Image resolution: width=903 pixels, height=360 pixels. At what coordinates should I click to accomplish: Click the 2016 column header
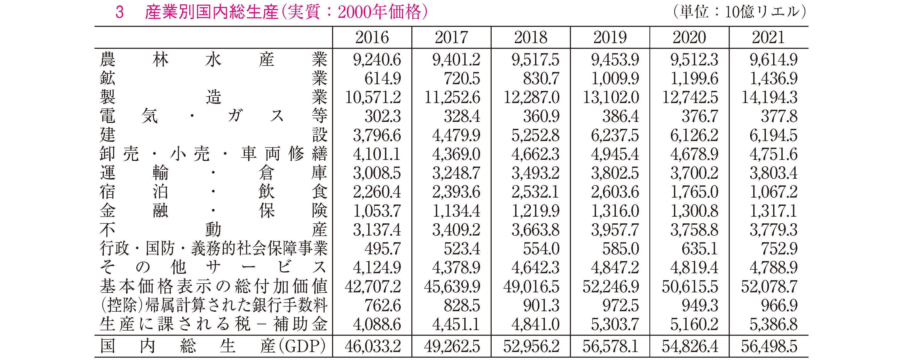372,37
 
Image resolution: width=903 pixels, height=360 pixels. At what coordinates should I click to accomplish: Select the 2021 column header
768,37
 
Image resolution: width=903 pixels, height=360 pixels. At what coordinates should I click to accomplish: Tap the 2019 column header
610,37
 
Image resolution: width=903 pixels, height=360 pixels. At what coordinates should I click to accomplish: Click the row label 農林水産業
214,59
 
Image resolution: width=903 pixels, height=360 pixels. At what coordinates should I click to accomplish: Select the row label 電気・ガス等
214,116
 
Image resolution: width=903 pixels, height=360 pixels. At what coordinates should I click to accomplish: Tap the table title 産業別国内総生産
211,13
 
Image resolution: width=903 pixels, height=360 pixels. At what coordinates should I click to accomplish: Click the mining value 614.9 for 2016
382,79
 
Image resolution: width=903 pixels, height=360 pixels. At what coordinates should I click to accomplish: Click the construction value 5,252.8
535,135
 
